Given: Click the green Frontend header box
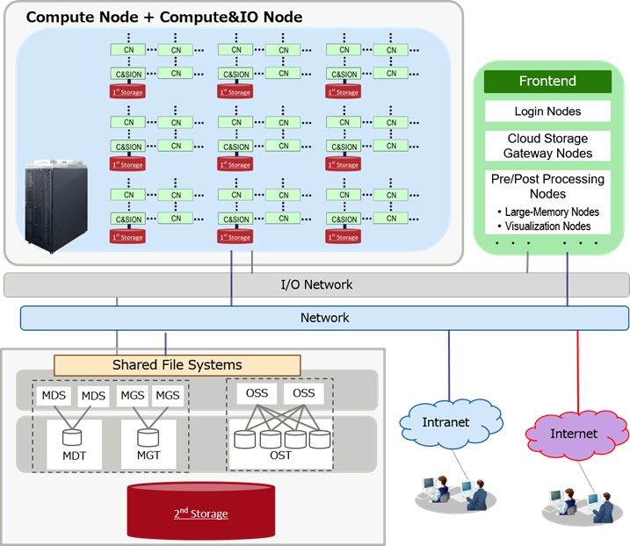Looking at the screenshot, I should click(547, 82).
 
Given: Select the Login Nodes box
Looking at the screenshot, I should click(547, 111).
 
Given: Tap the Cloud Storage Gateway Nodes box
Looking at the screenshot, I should click(547, 146).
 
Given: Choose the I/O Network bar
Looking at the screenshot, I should click(316, 284).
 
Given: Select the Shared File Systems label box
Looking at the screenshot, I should click(177, 364).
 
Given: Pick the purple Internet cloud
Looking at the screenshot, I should click(573, 433).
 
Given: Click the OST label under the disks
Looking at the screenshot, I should click(281, 455).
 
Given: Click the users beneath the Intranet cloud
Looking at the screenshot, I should click(454, 493).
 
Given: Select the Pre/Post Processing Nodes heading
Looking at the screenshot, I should click(547, 186).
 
